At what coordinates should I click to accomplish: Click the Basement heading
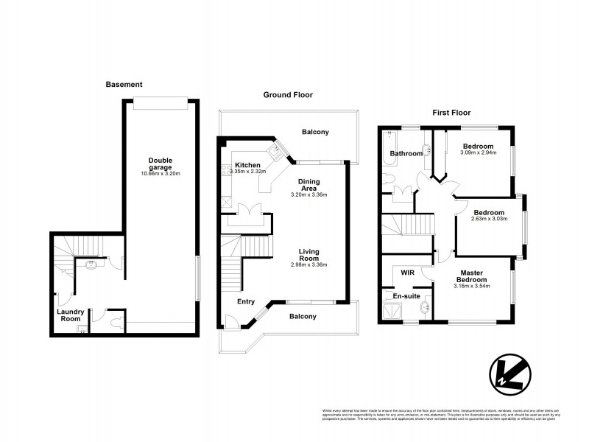(x=124, y=85)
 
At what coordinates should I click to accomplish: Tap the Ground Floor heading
(x=289, y=95)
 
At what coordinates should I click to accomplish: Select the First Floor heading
(x=451, y=113)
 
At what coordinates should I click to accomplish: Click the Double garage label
(x=161, y=164)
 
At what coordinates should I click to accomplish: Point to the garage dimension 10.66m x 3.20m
(x=161, y=174)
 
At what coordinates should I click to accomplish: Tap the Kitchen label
(x=248, y=164)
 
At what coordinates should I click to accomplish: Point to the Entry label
(x=246, y=301)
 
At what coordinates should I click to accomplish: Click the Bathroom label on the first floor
(x=406, y=154)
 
